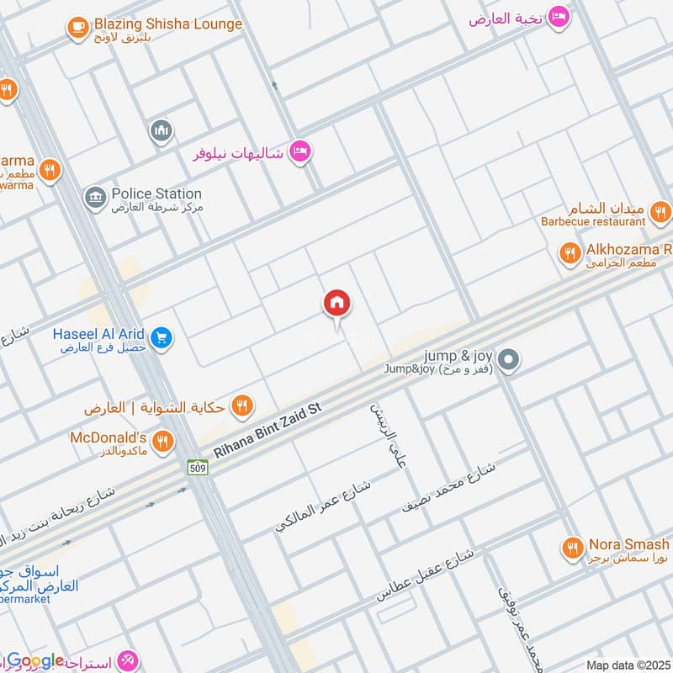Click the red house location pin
337,304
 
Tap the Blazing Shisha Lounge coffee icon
78,28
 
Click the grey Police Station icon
95,199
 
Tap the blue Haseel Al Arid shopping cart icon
163,338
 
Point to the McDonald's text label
109,437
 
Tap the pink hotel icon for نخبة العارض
558,17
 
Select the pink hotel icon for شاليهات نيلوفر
299,152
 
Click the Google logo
35,661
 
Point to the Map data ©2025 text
627,665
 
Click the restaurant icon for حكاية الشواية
242,407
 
